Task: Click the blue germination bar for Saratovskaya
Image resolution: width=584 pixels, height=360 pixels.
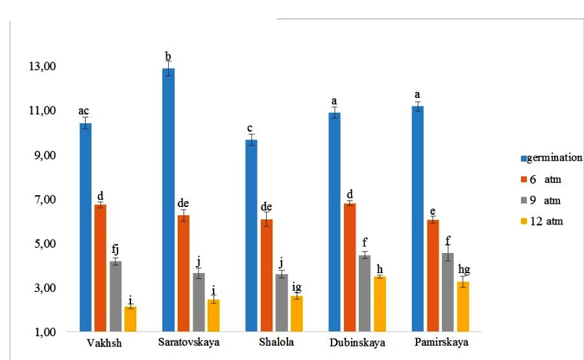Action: coord(168,201)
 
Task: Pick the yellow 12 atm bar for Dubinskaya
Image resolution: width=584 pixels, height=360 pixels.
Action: coord(380,305)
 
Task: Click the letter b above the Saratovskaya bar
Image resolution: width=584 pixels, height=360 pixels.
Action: coord(168,56)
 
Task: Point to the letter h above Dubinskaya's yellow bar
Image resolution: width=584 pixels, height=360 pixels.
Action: coord(380,269)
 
